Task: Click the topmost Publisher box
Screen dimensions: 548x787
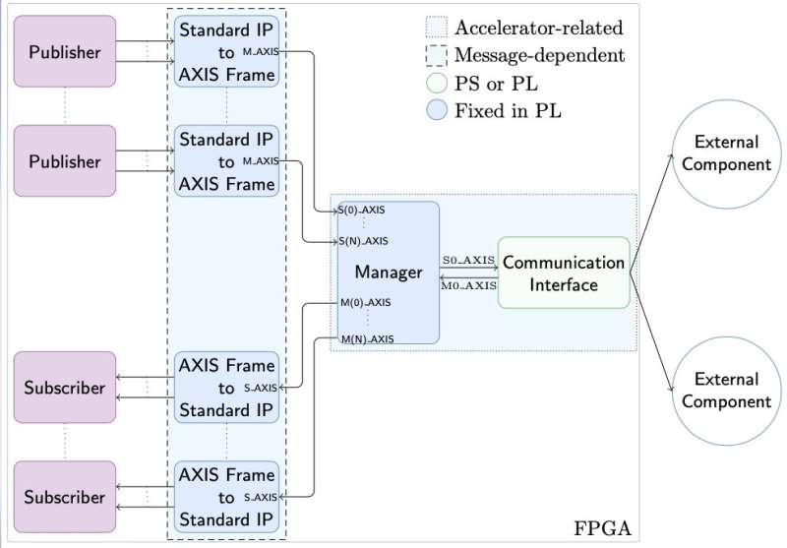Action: coord(64,52)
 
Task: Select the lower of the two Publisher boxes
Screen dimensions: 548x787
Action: coord(64,161)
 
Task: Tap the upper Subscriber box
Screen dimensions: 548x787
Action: coord(64,388)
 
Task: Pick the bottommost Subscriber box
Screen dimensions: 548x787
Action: coord(64,497)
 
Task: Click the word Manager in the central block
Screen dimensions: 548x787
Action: coord(389,272)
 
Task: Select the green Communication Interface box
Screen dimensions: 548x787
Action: coord(563,273)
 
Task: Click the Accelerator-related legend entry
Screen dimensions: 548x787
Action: coord(538,28)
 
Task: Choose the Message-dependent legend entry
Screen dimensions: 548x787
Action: coord(538,55)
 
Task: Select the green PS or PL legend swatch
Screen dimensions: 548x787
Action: coord(436,83)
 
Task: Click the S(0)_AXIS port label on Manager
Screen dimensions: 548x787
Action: coord(362,210)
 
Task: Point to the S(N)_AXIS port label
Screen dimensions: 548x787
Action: coord(362,240)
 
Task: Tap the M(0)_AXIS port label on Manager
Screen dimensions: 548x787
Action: coord(365,302)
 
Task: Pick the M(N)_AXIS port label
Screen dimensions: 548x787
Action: coord(366,338)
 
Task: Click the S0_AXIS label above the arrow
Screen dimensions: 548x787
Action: coord(467,259)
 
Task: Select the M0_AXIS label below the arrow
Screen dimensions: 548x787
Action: coord(467,285)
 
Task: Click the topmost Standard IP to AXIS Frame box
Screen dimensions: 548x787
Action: coord(226,51)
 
